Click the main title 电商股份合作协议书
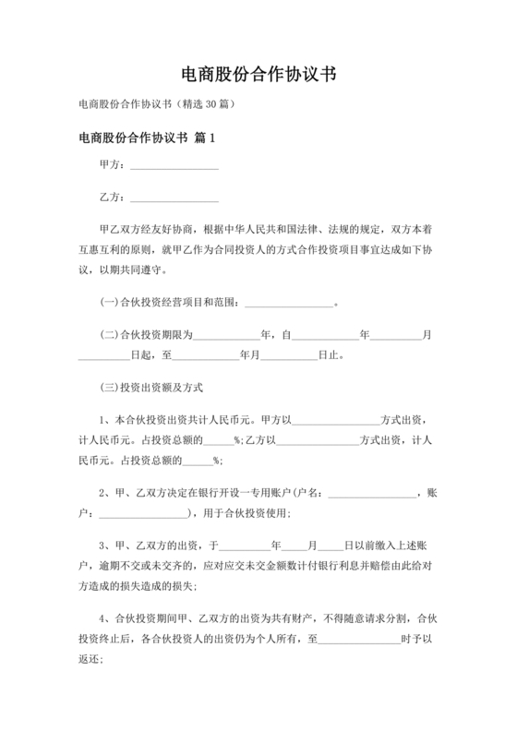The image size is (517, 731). tap(258, 75)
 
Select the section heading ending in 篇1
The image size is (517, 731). tap(147, 138)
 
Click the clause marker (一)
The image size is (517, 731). tap(109, 303)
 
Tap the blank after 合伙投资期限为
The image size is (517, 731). tap(226, 336)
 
